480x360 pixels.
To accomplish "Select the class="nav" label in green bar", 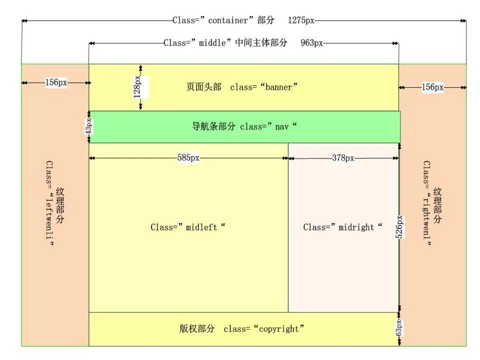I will pos(268,126).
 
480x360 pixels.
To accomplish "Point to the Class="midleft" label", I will pos(188,227).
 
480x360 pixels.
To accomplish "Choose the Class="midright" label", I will pos(342,227).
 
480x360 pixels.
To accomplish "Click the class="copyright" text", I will pos(264,329).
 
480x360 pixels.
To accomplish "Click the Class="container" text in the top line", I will pos(210,20).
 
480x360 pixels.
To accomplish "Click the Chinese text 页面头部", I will pos(203,87).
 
